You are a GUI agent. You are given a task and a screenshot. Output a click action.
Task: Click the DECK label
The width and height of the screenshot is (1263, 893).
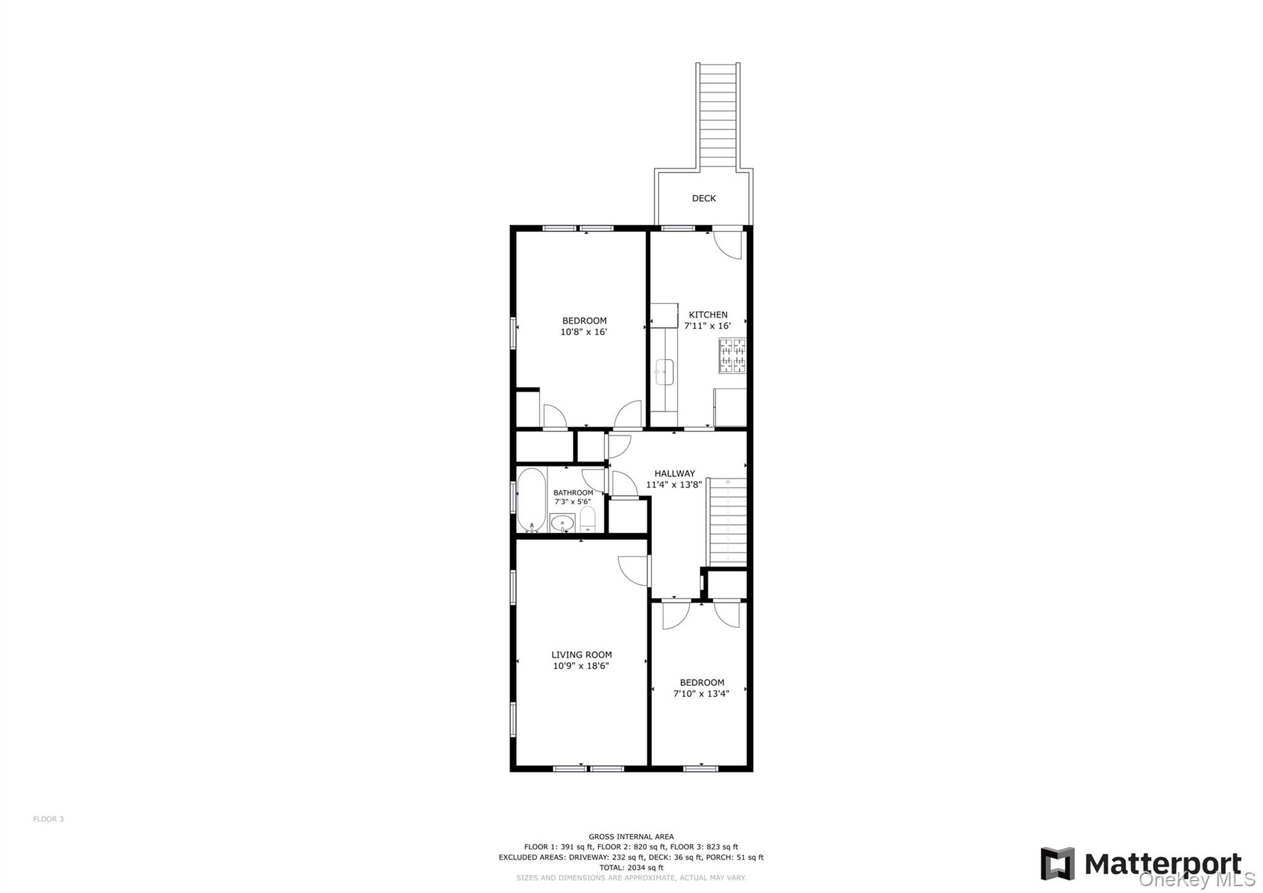pyautogui.click(x=704, y=198)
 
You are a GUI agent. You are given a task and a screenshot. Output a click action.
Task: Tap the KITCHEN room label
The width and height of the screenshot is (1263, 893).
pyautogui.click(x=708, y=315)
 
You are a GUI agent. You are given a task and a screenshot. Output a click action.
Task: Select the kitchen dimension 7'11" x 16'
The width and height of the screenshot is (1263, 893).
pyautogui.click(x=707, y=326)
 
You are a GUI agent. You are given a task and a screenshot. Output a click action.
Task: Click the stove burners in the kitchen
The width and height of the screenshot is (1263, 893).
pyautogui.click(x=732, y=355)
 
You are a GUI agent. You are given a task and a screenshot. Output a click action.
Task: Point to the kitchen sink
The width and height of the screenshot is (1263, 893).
pyautogui.click(x=664, y=372)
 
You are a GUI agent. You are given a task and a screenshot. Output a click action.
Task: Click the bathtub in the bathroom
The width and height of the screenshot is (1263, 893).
pyautogui.click(x=532, y=500)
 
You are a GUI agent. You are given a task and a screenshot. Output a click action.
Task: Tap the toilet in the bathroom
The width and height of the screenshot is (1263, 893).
pyautogui.click(x=588, y=520)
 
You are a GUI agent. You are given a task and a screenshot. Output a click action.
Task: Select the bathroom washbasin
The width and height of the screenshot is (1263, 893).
pyautogui.click(x=562, y=523)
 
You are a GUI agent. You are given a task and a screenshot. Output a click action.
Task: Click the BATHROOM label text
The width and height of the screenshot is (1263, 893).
pyautogui.click(x=573, y=492)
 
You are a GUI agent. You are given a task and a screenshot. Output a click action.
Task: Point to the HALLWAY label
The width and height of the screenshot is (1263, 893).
pyautogui.click(x=675, y=473)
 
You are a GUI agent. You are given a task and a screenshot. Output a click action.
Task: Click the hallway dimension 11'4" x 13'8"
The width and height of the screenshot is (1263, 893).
pyautogui.click(x=674, y=484)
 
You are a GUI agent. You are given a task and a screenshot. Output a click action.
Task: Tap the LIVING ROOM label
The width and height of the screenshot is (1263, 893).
pyautogui.click(x=582, y=655)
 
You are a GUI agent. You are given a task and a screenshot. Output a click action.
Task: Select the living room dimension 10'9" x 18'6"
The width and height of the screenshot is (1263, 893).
pyautogui.click(x=581, y=666)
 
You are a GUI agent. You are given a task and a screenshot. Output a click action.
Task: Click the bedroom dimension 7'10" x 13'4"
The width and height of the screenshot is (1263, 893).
pyautogui.click(x=701, y=694)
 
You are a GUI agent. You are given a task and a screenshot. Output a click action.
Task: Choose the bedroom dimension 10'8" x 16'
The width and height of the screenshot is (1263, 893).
pyautogui.click(x=584, y=332)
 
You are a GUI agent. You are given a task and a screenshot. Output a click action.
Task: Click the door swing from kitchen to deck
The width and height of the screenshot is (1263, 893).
pyautogui.click(x=728, y=244)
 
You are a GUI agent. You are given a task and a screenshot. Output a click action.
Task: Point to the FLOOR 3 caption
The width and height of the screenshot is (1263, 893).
pyautogui.click(x=48, y=819)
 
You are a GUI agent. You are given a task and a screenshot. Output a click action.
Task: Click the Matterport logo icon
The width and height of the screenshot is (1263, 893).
pyautogui.click(x=1057, y=863)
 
